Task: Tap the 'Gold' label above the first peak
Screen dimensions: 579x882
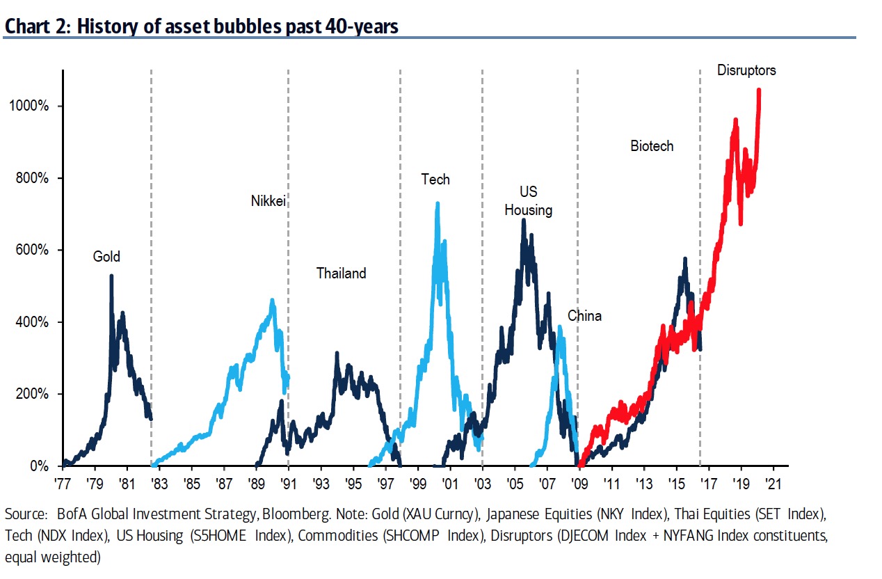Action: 106,257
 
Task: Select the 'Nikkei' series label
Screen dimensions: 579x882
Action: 268,201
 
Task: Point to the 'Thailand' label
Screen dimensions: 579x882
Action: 341,273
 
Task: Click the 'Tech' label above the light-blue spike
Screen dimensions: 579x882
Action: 435,180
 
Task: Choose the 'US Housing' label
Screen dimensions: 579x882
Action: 529,200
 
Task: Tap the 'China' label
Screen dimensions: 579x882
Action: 584,316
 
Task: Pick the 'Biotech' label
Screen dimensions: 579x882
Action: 652,146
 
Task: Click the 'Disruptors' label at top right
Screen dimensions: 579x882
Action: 746,70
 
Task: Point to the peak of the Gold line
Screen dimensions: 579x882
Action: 111,276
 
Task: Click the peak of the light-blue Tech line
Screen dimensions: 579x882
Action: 437,203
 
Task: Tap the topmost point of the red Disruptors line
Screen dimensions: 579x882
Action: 758,89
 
